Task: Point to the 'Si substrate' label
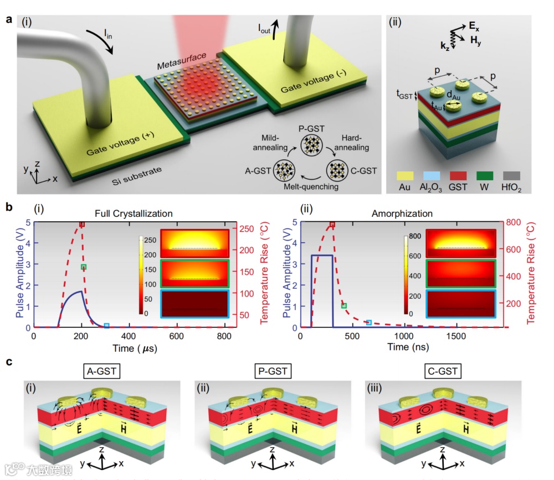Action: click(135, 175)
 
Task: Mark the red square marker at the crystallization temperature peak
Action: click(82, 224)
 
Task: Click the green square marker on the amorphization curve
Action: click(344, 305)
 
